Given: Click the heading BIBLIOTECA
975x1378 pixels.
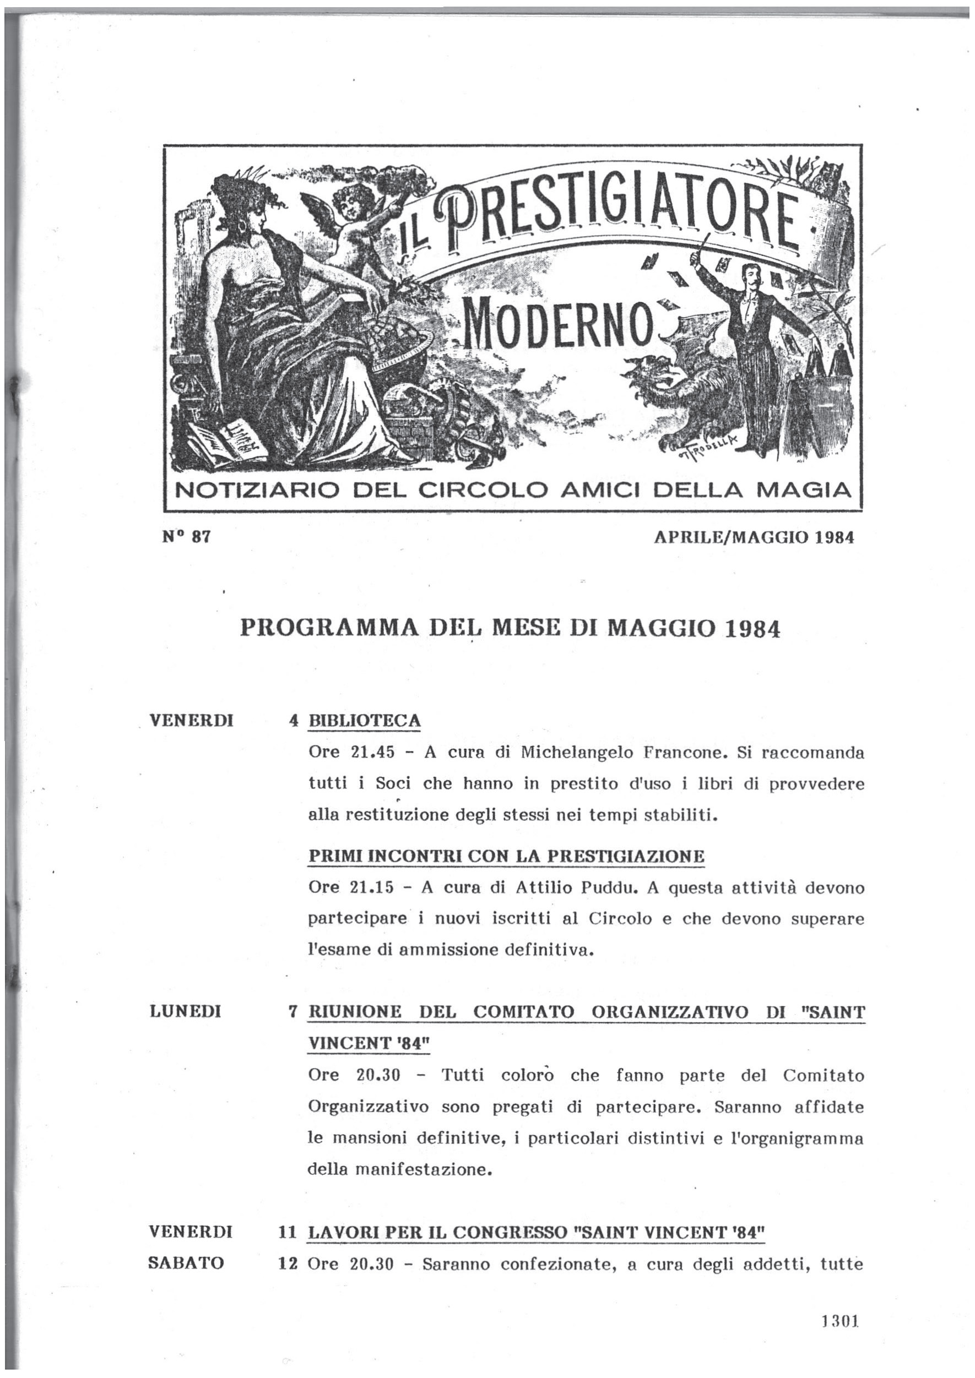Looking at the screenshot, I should (364, 721).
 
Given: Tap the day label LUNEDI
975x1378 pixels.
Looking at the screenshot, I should (185, 1012).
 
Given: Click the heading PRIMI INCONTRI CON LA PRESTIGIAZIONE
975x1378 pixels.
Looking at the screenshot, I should (506, 857).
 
